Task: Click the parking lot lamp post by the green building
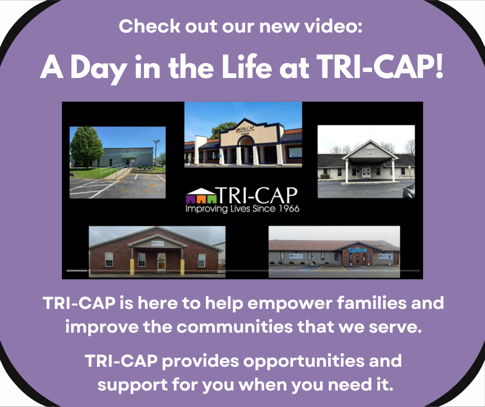click(x=156, y=150)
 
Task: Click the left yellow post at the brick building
click(x=132, y=266)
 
